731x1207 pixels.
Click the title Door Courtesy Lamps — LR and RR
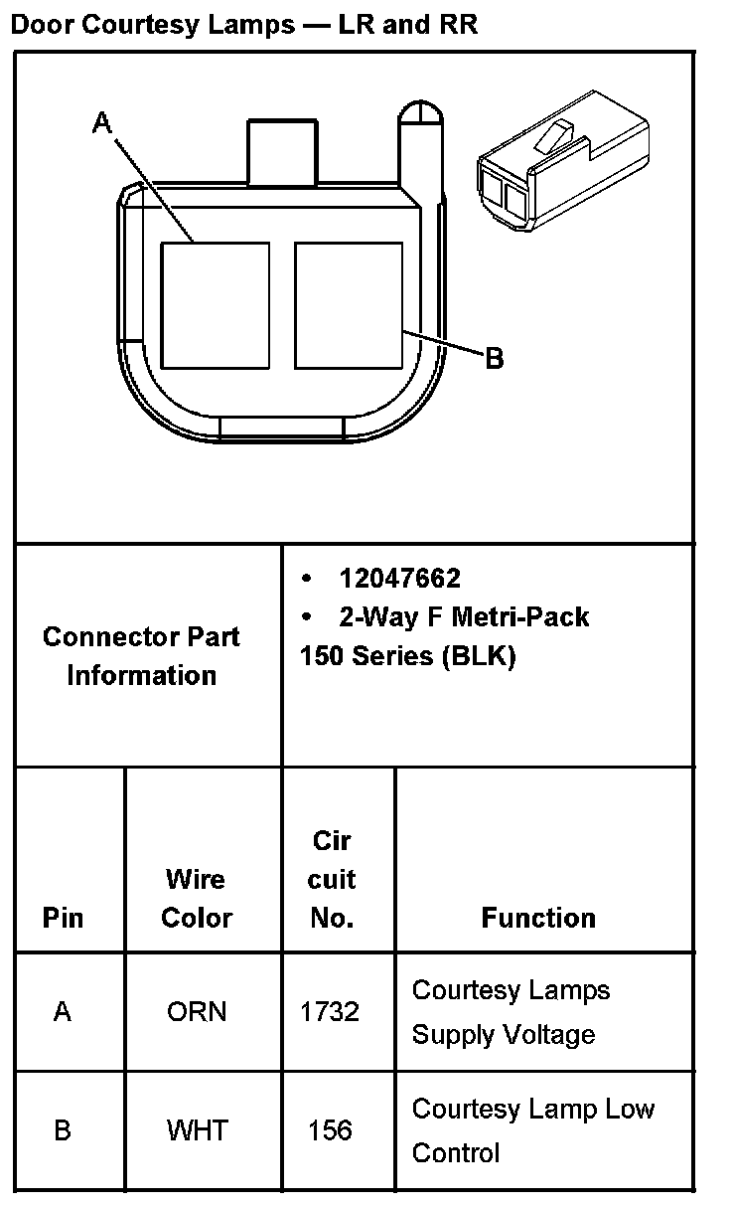[243, 24]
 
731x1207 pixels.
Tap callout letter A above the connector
[102, 122]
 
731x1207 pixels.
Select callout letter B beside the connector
[494, 358]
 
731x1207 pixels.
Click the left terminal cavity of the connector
[215, 303]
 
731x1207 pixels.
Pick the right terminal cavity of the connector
[349, 303]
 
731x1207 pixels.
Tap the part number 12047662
[399, 579]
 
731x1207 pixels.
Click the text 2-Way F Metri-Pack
[464, 617]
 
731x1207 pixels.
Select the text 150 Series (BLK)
[407, 656]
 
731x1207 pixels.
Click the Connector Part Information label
[141, 655]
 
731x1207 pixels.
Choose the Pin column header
[63, 917]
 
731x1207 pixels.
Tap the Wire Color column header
[196, 898]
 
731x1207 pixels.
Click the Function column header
[538, 917]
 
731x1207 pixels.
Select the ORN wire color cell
[196, 1012]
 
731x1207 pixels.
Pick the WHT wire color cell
[197, 1130]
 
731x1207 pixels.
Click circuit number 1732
[330, 1012]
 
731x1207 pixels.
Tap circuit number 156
[330, 1130]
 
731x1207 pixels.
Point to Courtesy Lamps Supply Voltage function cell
[511, 1012]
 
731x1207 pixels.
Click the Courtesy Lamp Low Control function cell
[532, 1130]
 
